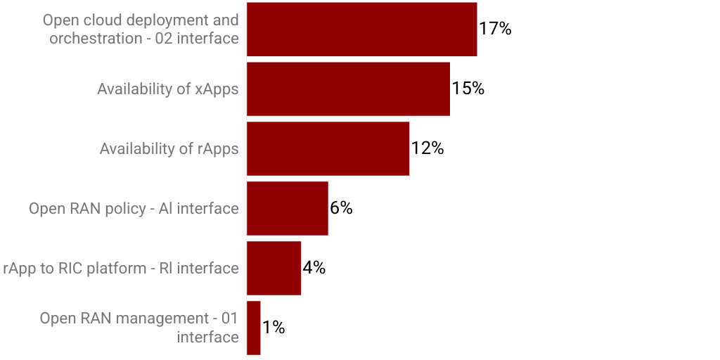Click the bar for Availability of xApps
click(348, 89)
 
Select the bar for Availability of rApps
click(328, 148)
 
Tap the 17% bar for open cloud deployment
click(361, 29)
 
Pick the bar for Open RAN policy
click(287, 208)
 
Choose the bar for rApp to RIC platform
click(274, 268)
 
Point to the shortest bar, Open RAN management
click(253, 328)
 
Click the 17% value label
click(495, 29)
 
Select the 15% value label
click(468, 89)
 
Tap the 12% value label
click(427, 148)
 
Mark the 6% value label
click(341, 208)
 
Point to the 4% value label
click(314, 268)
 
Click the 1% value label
click(274, 328)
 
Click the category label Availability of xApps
click(168, 89)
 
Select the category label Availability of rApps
click(169, 149)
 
